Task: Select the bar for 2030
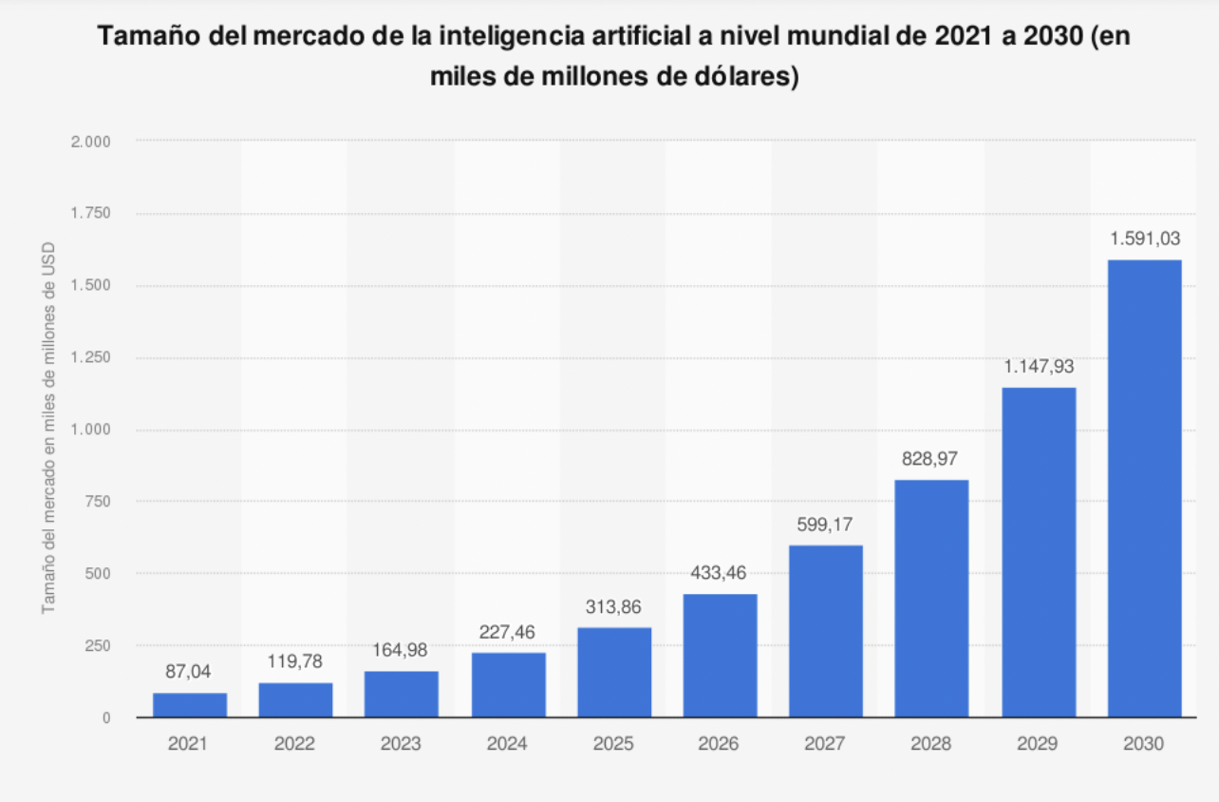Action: tap(1144, 488)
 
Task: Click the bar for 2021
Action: tap(190, 705)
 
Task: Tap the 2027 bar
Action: tap(826, 631)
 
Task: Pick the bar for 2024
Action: tap(508, 684)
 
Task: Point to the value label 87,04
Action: tap(190, 672)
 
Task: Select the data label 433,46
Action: tap(720, 574)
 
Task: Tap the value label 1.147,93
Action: tap(1039, 367)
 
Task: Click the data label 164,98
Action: tap(402, 651)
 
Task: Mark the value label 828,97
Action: tap(931, 459)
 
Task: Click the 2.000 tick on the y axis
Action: tap(92, 142)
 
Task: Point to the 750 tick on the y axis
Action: tap(99, 502)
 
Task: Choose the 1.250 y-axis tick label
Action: tap(92, 358)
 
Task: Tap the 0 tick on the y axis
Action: tap(106, 718)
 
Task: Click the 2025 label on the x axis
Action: tap(613, 745)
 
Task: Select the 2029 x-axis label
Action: tap(1038, 745)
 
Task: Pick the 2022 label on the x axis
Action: tap(295, 745)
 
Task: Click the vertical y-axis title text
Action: tap(48, 428)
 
